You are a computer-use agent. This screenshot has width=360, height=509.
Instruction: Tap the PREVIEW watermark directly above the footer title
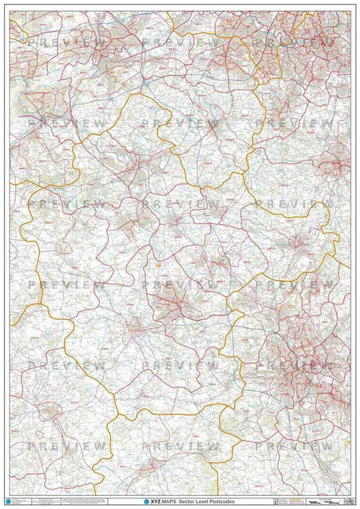pyautogui.click(x=180, y=447)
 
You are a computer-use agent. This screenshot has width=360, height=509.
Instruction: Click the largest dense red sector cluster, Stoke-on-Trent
pyautogui.click(x=295, y=360)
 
